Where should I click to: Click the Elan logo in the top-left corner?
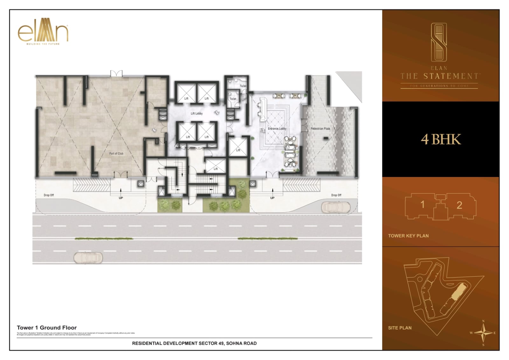coord(43,31)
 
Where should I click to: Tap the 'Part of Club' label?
coord(116,153)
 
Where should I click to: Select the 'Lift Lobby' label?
coord(197,113)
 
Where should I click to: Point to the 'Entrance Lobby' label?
coord(277,129)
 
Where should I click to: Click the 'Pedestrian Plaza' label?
coord(320,129)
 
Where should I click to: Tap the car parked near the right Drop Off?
coord(336,207)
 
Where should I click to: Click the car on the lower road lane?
coord(88,257)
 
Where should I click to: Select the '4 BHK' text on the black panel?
coord(441,139)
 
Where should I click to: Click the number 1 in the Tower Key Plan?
coord(422,204)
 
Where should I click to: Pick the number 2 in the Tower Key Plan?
coord(459,205)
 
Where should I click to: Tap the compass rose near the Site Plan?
coord(483,333)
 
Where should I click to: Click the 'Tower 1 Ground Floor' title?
coord(47,328)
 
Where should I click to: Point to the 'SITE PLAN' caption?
coord(400,328)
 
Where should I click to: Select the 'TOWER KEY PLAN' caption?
coord(408,236)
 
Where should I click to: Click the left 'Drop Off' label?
coord(49,195)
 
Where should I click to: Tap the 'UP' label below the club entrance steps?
coord(121,198)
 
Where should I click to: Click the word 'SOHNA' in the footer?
coord(234,343)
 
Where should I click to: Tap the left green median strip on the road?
coord(104,238)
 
